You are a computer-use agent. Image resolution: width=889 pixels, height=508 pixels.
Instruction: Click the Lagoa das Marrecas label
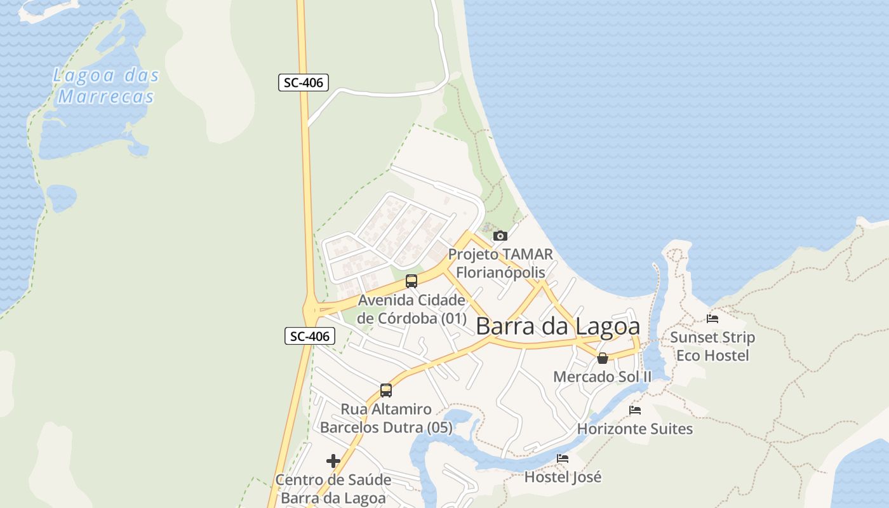105,86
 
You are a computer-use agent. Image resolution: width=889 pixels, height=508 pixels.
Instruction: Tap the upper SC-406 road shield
303,82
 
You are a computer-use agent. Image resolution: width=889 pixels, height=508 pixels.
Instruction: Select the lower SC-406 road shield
309,336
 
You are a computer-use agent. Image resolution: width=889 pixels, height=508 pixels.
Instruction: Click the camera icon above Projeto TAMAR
500,236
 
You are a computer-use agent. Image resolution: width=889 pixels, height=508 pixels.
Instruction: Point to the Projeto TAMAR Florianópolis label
500,263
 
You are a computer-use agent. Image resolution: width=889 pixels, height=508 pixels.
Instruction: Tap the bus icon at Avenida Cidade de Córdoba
411,281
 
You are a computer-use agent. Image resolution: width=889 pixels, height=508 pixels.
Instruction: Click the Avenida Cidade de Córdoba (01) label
411,309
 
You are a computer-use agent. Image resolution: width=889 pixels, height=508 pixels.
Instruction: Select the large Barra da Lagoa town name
558,326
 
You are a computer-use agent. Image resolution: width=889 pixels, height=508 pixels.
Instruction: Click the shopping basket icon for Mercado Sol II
603,359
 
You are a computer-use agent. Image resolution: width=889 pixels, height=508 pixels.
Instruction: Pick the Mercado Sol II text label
602,377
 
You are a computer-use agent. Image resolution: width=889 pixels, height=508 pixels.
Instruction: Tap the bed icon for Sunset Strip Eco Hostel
712,319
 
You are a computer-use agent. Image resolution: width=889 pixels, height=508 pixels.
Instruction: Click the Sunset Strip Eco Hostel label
712,346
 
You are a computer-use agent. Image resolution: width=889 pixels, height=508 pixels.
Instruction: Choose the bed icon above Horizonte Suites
635,410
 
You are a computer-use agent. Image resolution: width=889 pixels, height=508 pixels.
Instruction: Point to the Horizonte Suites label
635,429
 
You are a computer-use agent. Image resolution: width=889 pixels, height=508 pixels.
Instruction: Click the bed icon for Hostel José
563,458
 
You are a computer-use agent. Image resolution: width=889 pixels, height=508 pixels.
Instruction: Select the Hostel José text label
563,476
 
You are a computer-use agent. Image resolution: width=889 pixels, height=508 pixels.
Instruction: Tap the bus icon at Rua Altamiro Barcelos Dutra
386,390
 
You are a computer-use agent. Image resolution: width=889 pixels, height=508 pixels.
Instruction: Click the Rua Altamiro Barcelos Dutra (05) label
386,418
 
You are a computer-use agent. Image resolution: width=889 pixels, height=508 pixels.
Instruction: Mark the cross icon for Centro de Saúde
333,461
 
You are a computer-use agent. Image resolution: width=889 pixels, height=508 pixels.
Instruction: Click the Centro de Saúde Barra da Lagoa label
333,489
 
